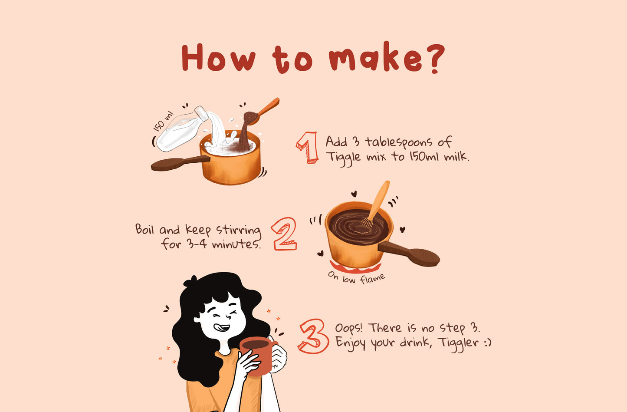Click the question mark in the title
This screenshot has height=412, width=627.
[x=433, y=58]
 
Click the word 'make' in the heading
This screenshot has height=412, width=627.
[x=375, y=59]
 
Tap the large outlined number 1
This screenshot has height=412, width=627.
[x=308, y=148]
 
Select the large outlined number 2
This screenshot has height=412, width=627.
[x=285, y=234]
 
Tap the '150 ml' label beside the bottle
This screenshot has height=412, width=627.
[x=163, y=121]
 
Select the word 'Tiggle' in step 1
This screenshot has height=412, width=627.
[x=343, y=157]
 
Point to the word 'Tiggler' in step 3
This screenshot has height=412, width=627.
[x=458, y=343]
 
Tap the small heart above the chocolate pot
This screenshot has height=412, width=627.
[x=354, y=194]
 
